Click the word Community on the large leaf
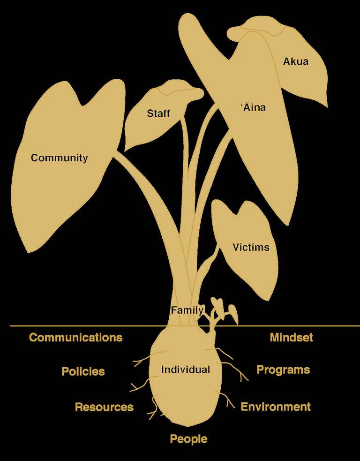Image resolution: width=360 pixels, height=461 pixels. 59,158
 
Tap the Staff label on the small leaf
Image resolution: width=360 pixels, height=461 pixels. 158,113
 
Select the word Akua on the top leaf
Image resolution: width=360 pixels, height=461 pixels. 296,61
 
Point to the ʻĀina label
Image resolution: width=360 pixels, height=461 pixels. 253,107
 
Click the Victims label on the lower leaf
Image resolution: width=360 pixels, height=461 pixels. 251,247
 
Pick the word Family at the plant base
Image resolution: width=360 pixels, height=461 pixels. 187,310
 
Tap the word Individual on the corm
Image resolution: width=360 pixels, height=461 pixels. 185,370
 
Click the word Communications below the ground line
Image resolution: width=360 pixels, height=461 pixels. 75,337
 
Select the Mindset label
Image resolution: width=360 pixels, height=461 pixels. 291,337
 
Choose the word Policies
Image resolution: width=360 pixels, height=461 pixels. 83,371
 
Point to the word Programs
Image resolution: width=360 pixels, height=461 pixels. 283,370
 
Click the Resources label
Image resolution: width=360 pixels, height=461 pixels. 104,407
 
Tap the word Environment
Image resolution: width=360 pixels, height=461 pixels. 276,407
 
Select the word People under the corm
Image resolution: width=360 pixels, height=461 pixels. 188,439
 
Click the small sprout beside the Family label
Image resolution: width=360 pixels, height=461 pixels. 220,310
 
